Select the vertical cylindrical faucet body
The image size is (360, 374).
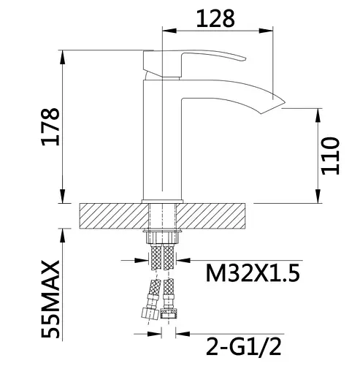tap(161, 139)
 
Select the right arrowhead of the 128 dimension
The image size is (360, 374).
tap(270, 31)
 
